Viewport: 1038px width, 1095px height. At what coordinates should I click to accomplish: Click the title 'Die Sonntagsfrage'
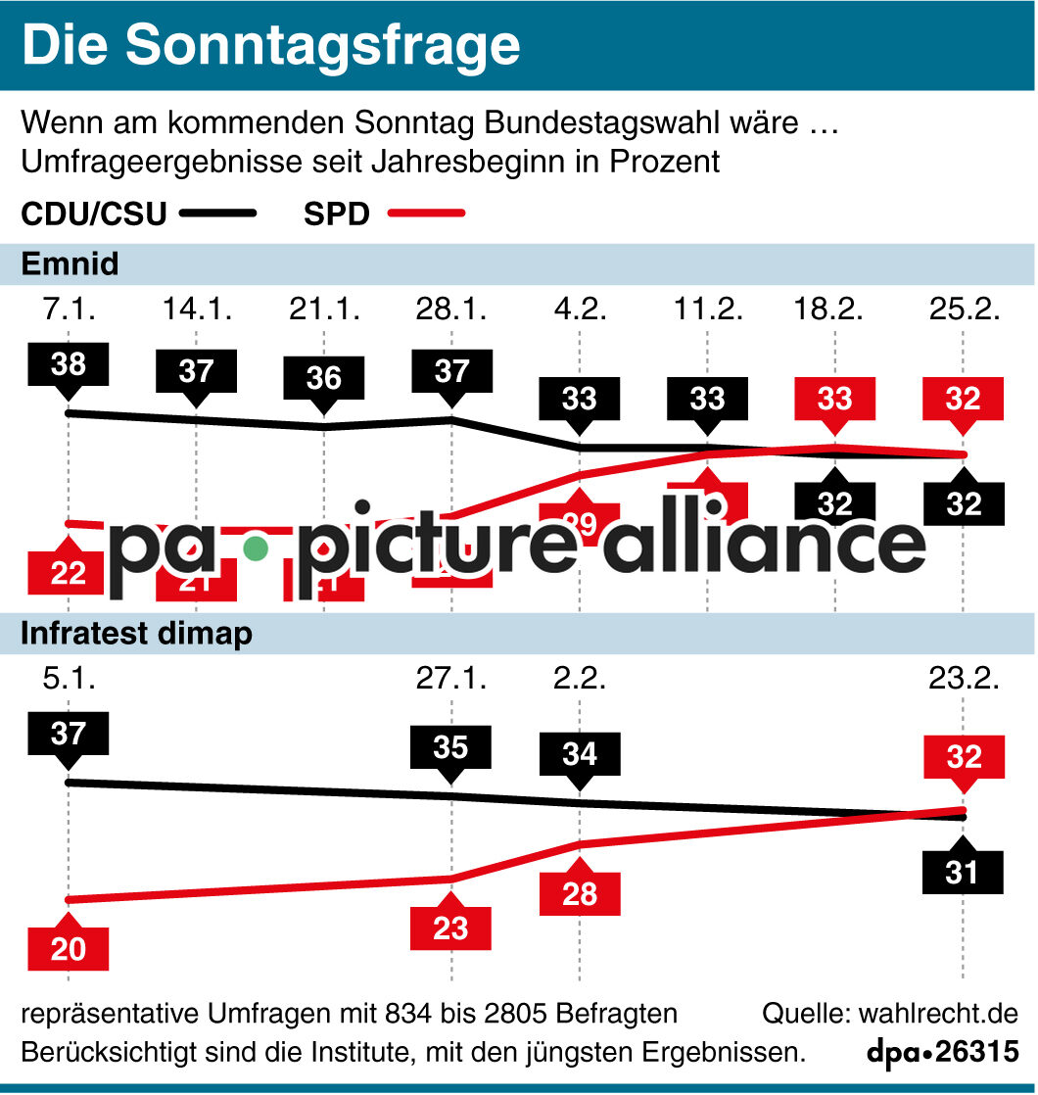tap(271, 45)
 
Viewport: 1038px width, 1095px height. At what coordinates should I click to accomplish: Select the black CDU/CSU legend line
tap(216, 213)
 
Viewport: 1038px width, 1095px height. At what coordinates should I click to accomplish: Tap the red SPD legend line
tap(427, 213)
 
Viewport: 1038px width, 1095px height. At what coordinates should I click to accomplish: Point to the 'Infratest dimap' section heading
tap(136, 634)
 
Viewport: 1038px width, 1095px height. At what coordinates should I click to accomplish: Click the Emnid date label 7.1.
tap(68, 310)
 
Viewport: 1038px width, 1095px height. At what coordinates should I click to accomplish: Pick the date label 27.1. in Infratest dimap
tap(450, 679)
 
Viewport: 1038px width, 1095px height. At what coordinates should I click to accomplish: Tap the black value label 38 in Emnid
tap(68, 364)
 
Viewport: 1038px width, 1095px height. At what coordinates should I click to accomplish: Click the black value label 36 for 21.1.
tap(323, 377)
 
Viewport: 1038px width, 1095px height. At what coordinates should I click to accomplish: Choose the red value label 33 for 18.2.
tap(834, 399)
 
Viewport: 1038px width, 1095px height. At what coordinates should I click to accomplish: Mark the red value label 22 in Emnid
tap(68, 573)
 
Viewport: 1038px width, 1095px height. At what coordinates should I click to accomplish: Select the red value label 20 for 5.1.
tap(68, 948)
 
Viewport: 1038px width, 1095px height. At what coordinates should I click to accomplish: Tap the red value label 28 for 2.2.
tap(579, 893)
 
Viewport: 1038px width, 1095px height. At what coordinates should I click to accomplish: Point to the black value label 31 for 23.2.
tap(963, 872)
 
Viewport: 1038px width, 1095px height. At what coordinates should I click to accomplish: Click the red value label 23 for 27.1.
tap(450, 927)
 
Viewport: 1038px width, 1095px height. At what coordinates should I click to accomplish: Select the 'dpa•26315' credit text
tap(942, 1053)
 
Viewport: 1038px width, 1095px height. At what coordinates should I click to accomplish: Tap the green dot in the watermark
tap(256, 547)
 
